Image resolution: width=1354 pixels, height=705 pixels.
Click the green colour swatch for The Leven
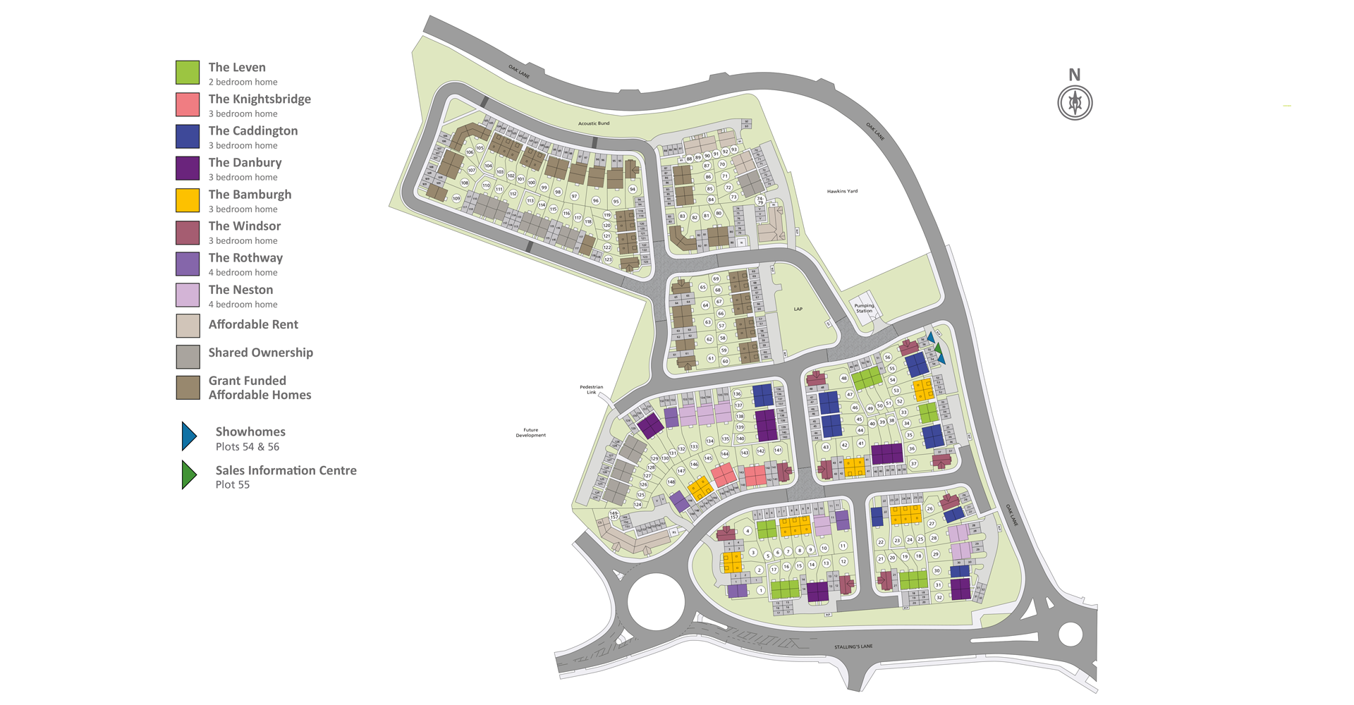(x=188, y=73)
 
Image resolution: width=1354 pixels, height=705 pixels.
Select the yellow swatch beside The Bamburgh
(x=188, y=200)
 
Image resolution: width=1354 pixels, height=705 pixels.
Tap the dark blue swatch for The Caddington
(x=188, y=136)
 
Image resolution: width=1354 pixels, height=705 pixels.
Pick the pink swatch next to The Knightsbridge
(x=188, y=104)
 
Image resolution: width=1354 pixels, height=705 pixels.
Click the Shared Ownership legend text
(x=260, y=352)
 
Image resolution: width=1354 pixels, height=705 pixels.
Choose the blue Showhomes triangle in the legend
(x=188, y=436)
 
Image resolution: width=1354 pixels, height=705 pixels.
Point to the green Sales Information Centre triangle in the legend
(x=188, y=475)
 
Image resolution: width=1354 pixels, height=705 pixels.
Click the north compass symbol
(x=1075, y=103)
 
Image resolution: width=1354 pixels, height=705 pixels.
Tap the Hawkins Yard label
(x=842, y=191)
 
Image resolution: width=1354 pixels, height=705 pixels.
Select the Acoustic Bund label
(x=594, y=123)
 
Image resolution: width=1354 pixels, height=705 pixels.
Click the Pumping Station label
(x=864, y=308)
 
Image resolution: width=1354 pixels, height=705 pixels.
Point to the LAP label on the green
(x=798, y=309)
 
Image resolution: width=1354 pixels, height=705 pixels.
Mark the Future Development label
(x=530, y=432)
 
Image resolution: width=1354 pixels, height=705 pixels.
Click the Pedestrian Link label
(x=591, y=389)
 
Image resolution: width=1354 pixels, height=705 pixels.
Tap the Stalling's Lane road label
(x=853, y=646)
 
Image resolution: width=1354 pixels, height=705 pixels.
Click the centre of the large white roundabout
(x=656, y=602)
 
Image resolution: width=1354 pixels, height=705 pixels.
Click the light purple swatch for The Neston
(x=188, y=295)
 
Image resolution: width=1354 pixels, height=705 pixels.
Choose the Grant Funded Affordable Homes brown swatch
(x=188, y=388)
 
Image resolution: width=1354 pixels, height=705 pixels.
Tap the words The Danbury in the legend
(x=245, y=163)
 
